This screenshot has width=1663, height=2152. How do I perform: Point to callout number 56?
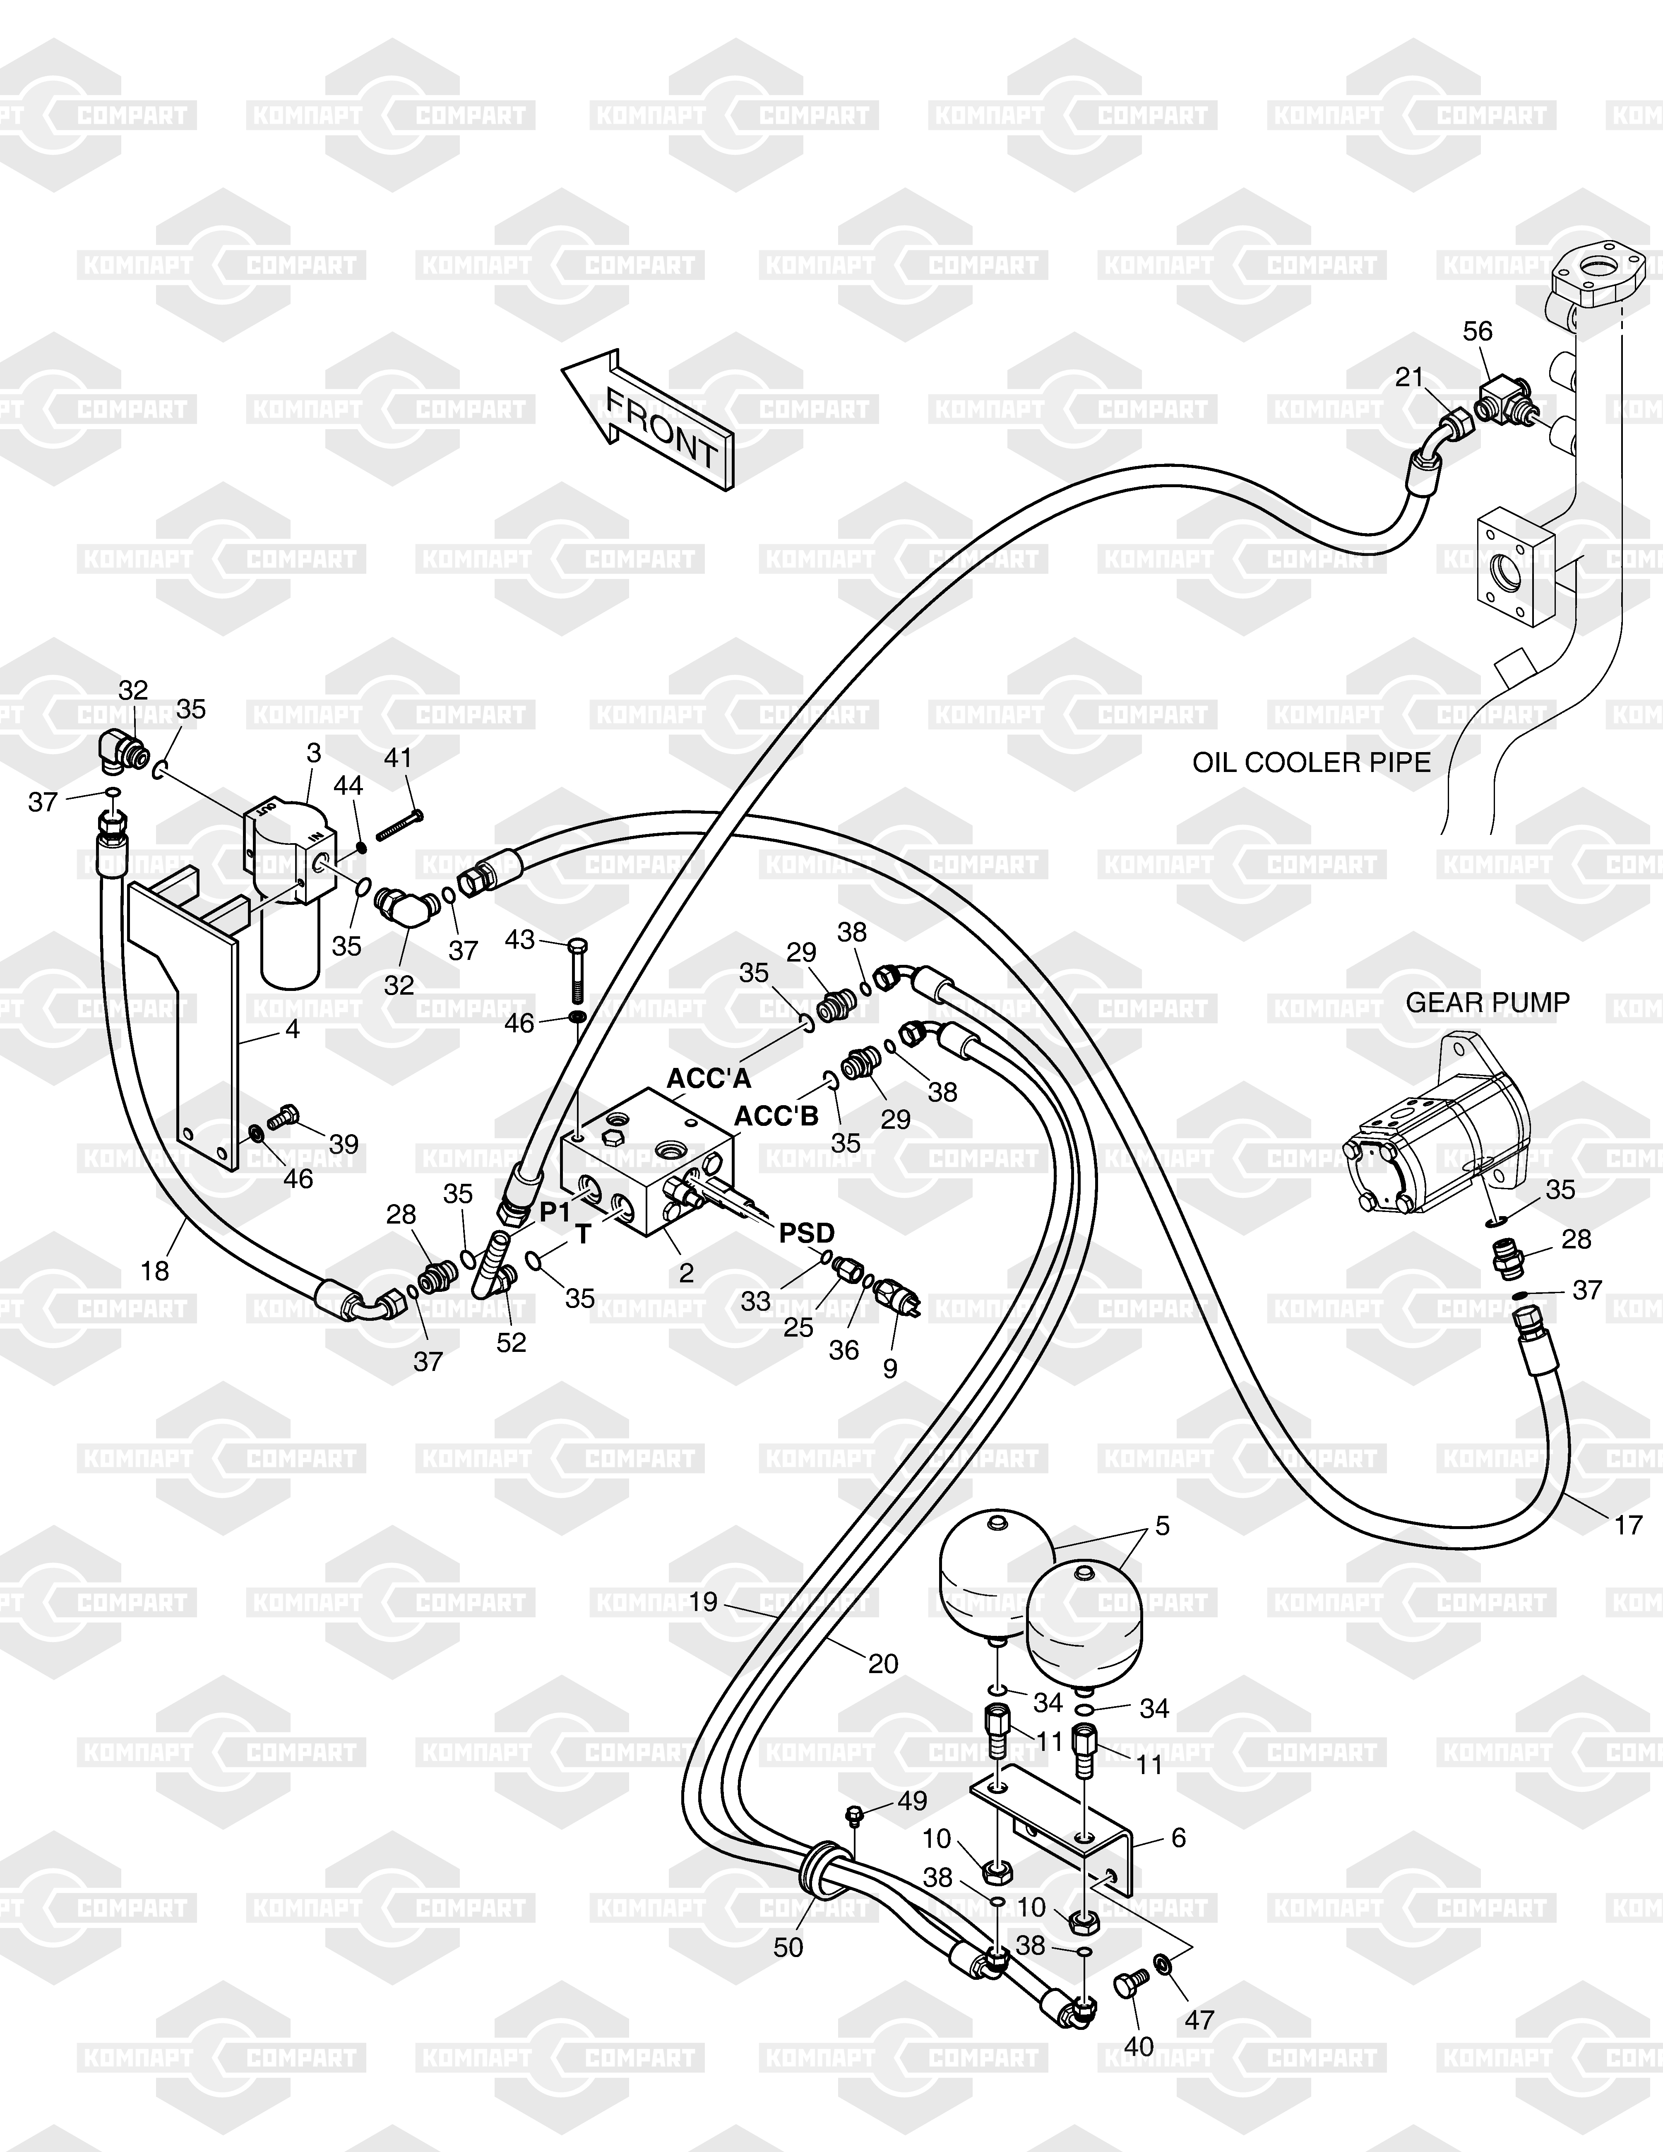(1478, 331)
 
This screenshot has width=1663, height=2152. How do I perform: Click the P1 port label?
(555, 1213)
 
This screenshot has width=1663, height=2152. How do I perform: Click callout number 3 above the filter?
(313, 754)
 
